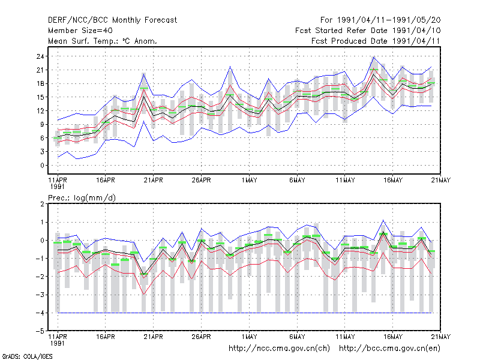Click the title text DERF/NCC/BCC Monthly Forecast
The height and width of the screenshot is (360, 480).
pos(112,20)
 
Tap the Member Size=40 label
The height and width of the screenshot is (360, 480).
pos(80,31)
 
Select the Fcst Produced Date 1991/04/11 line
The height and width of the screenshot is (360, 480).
pos(376,41)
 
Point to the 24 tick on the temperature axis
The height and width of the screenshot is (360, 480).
pos(40,56)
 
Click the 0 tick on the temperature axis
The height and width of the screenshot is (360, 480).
pos(42,166)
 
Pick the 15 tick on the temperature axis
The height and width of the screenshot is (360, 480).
pos(40,97)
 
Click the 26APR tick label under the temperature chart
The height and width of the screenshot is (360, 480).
pos(202,180)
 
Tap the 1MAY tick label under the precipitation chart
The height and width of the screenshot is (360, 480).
pos(249,337)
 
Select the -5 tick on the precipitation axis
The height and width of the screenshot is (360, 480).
pos(40,331)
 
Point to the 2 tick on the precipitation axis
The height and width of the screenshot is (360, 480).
pos(42,204)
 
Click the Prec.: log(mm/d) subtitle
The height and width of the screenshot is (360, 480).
pos(82,198)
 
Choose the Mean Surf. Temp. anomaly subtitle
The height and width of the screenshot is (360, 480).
pos(103,41)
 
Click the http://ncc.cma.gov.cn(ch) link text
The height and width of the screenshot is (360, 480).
pos(279,349)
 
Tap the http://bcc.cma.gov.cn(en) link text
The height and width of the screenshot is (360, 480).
pos(389,349)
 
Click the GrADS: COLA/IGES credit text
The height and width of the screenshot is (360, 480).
pos(28,356)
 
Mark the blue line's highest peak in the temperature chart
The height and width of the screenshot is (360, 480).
pos(373,57)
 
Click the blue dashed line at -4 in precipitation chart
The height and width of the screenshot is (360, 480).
pos(245,313)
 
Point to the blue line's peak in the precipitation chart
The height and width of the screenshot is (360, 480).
pos(383,220)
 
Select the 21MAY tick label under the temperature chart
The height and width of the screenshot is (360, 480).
pos(441,180)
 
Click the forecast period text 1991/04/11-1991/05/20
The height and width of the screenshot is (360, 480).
pos(389,20)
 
